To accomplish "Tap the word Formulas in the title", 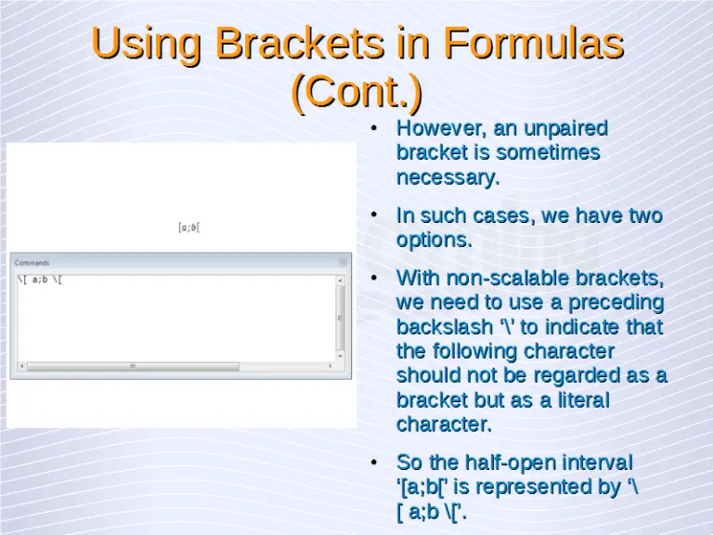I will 532,44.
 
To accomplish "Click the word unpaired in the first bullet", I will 565,128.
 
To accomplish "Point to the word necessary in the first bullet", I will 447,176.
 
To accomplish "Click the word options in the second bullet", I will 434,240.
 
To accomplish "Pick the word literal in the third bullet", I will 577,400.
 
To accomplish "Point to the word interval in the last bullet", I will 599,463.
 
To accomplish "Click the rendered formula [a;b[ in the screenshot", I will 188,228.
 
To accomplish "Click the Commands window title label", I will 32,263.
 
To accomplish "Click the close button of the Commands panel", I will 343,263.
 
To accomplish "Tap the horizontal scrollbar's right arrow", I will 330,366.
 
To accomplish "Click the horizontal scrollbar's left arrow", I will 20,366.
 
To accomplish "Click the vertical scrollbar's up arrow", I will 341,280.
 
